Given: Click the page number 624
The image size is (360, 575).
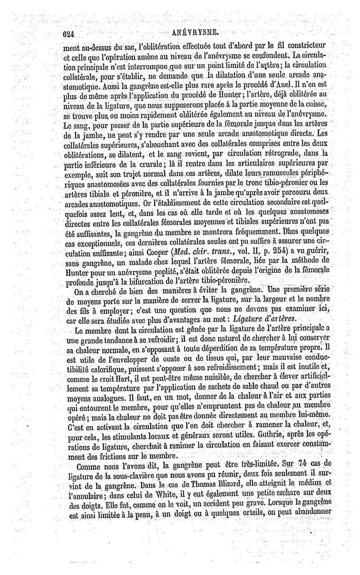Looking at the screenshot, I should point(71,33).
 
